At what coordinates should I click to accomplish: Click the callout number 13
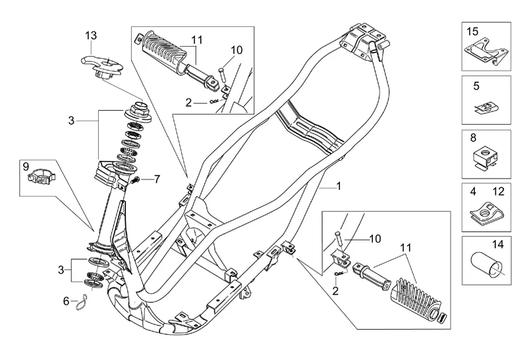click(90, 35)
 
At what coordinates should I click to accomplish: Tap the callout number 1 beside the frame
click(339, 187)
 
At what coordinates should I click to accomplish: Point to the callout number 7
click(157, 179)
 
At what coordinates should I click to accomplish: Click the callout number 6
click(66, 301)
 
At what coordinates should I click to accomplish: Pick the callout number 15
click(472, 31)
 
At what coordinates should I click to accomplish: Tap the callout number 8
click(473, 139)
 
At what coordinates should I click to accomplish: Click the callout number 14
click(497, 245)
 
